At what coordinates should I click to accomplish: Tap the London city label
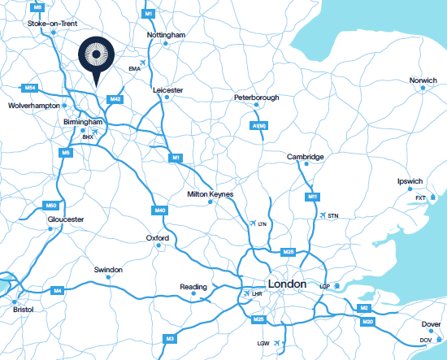coord(287,284)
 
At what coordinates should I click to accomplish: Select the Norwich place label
coord(423,80)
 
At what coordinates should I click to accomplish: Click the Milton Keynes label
coord(210,194)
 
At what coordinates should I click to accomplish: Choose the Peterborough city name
coord(256,98)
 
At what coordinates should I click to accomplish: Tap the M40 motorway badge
coord(160,210)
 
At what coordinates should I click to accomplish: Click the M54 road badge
coord(30,87)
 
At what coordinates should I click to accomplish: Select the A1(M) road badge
coord(259,126)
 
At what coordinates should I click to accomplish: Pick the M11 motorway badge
coord(312,197)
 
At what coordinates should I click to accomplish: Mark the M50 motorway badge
coord(50,206)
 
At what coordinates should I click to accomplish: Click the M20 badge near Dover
coord(368,323)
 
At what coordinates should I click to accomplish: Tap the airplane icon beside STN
coord(324,215)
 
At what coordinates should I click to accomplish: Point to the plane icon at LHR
coord(246,293)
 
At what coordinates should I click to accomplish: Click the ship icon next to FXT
coord(432,197)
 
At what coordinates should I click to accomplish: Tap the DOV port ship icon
coord(436,339)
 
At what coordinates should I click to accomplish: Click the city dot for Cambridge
coord(306,164)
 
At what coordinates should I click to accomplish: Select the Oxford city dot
coord(156,245)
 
